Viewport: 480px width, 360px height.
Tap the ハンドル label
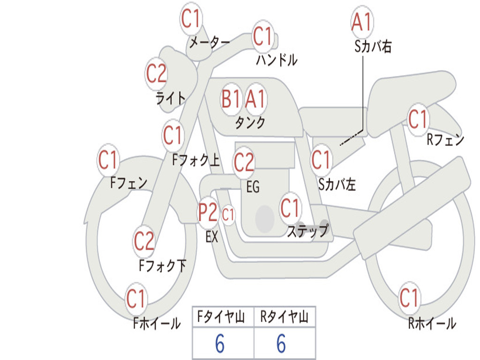pyautogui.click(x=277, y=60)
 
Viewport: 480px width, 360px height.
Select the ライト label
pyautogui.click(x=171, y=98)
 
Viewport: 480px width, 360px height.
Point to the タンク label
pyautogui.click(x=250, y=122)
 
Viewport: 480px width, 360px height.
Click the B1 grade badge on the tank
pyautogui.click(x=231, y=99)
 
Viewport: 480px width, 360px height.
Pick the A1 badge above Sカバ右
pyautogui.click(x=362, y=22)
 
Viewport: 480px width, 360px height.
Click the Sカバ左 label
pyautogui.click(x=337, y=184)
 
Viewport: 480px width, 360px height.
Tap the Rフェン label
pyautogui.click(x=445, y=139)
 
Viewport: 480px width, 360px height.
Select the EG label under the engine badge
pyautogui.click(x=253, y=187)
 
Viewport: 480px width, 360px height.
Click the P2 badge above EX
pyautogui.click(x=208, y=213)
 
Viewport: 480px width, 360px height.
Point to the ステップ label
pyautogui.click(x=307, y=231)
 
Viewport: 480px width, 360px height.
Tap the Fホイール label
pyautogui.click(x=157, y=323)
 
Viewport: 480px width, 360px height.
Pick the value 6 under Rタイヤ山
pyautogui.click(x=281, y=344)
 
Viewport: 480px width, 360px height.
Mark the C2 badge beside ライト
pyautogui.click(x=156, y=74)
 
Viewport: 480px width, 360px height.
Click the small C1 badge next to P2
pyautogui.click(x=228, y=216)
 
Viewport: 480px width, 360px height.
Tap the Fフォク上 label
pyautogui.click(x=196, y=161)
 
